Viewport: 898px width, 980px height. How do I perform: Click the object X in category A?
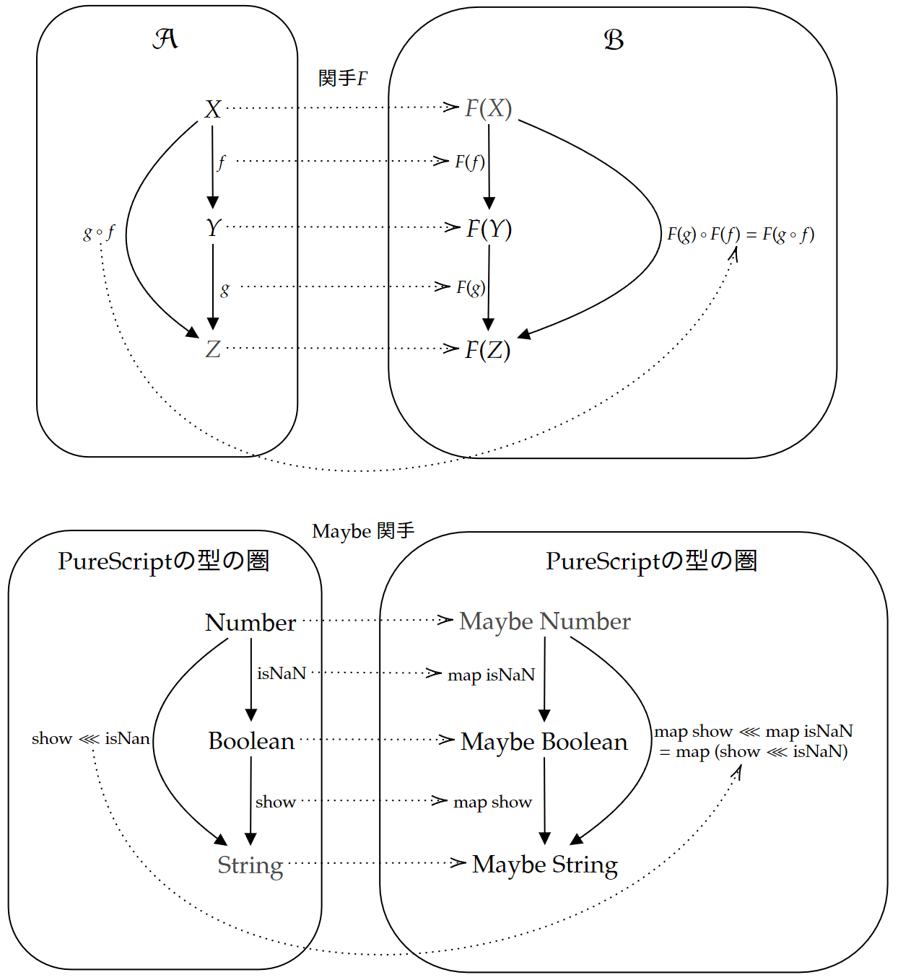tap(212, 110)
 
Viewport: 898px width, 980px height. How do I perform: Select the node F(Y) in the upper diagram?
tap(489, 229)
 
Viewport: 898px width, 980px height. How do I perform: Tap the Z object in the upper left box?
tap(213, 349)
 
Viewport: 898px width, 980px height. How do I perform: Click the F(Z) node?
tap(488, 350)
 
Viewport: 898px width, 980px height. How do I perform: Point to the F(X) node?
tap(489, 108)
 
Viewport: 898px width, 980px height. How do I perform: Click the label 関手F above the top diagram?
tap(343, 78)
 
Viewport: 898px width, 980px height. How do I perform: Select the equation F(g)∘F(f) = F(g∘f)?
tap(741, 234)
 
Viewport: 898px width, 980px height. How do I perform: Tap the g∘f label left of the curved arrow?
tap(99, 232)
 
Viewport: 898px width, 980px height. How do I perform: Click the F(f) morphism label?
tap(469, 162)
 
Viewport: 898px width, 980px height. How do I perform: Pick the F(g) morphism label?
tap(471, 287)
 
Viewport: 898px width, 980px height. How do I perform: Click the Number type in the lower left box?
tap(250, 622)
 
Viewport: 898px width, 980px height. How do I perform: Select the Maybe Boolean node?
tap(544, 741)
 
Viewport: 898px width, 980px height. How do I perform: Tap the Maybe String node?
tap(545, 865)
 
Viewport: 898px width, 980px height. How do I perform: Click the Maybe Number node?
tap(545, 621)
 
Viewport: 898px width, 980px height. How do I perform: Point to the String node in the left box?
tap(250, 865)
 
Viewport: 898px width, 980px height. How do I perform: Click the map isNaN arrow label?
tap(491, 675)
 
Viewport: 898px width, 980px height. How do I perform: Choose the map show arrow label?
tap(492, 802)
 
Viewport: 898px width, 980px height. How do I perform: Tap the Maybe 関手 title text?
tap(363, 531)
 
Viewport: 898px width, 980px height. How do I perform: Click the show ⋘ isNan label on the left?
tap(91, 738)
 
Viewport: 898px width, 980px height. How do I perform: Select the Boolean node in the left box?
tap(251, 741)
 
